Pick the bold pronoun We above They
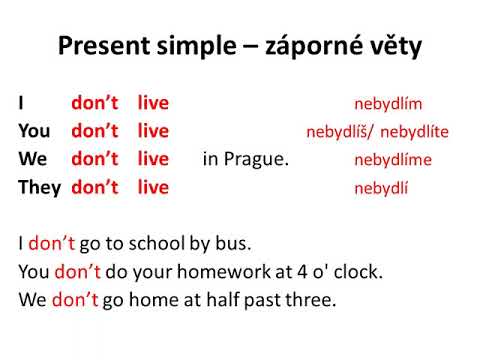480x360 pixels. (31, 159)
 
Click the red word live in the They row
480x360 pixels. (153, 187)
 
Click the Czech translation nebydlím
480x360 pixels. (389, 104)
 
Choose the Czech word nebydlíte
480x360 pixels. (415, 132)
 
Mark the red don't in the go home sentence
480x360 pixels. (75, 299)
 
